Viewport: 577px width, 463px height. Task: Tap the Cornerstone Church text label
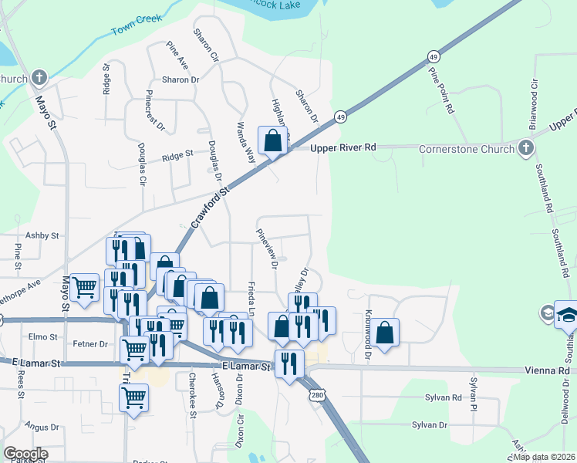click(467, 149)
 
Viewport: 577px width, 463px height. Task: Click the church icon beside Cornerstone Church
click(526, 147)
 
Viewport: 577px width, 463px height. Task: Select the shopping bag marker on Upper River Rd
click(272, 140)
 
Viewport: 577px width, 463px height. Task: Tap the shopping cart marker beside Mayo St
click(84, 288)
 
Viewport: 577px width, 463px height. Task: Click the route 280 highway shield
click(318, 395)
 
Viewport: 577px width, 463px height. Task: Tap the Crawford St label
click(211, 206)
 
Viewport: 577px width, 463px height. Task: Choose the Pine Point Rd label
click(440, 90)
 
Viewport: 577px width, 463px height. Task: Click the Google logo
click(25, 453)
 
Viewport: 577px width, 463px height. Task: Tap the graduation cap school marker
click(567, 315)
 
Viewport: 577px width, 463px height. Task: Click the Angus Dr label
click(42, 427)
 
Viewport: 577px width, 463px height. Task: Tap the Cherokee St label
click(192, 396)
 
